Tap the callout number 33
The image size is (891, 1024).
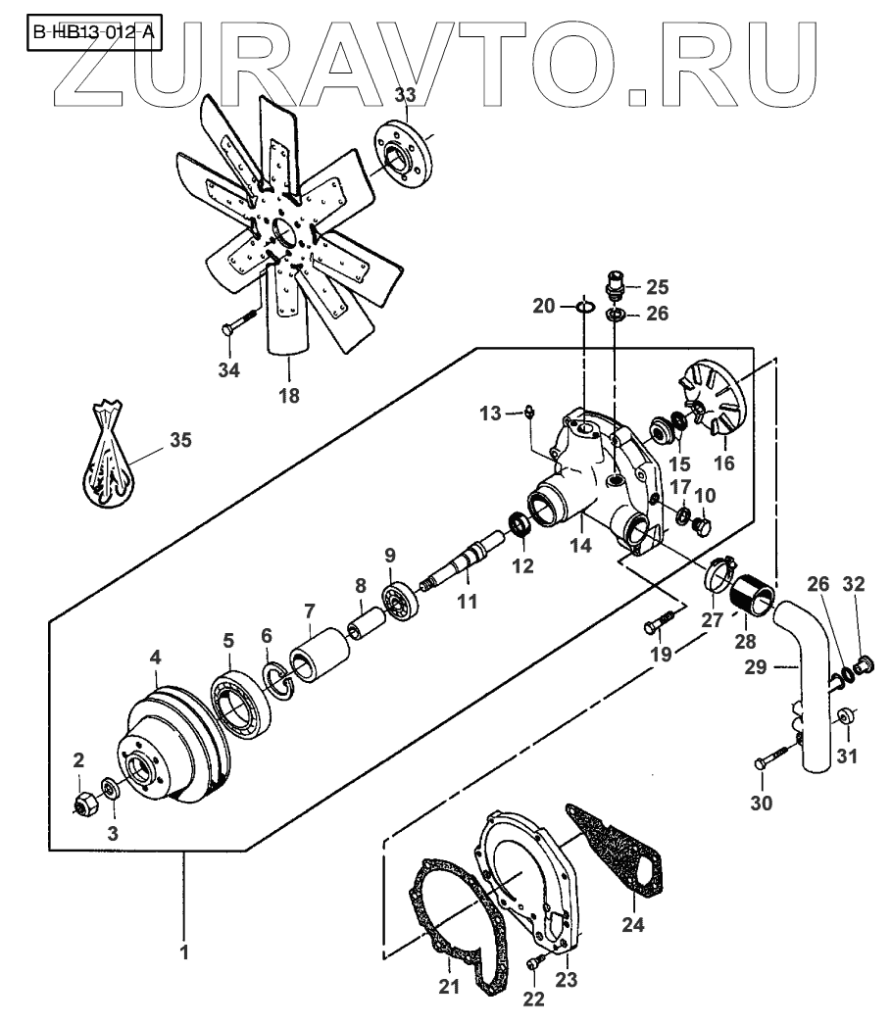point(406,94)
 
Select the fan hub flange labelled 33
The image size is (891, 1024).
point(405,155)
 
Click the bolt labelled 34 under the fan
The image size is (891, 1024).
point(241,322)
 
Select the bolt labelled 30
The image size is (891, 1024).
point(772,759)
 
